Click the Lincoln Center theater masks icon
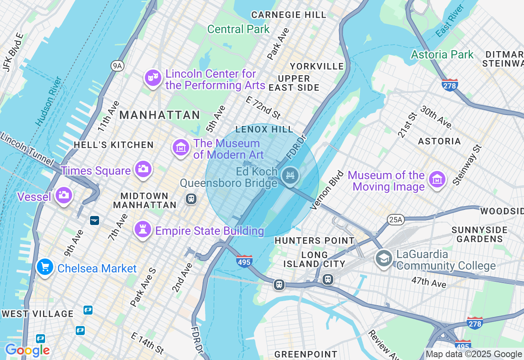(153, 77)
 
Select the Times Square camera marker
(143, 169)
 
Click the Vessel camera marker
(63, 195)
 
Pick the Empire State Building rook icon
(143, 229)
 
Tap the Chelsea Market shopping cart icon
(45, 267)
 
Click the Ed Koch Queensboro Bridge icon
(291, 176)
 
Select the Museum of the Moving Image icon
(437, 179)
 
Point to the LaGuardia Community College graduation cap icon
(384, 258)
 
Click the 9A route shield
(117, 66)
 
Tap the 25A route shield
(396, 220)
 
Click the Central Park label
(238, 29)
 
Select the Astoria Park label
(442, 54)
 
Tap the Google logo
(27, 350)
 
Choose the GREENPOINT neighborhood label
(306, 354)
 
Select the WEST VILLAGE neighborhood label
(37, 314)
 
